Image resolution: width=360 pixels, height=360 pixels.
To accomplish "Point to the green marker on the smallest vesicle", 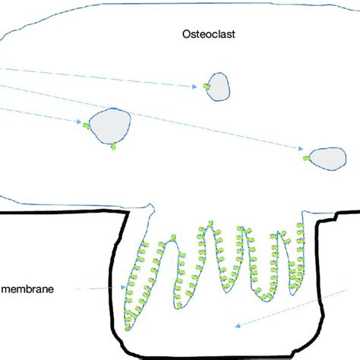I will pyautogui.click(x=205, y=88).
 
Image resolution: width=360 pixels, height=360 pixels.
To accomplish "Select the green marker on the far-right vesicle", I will pyautogui.click(x=305, y=159).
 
